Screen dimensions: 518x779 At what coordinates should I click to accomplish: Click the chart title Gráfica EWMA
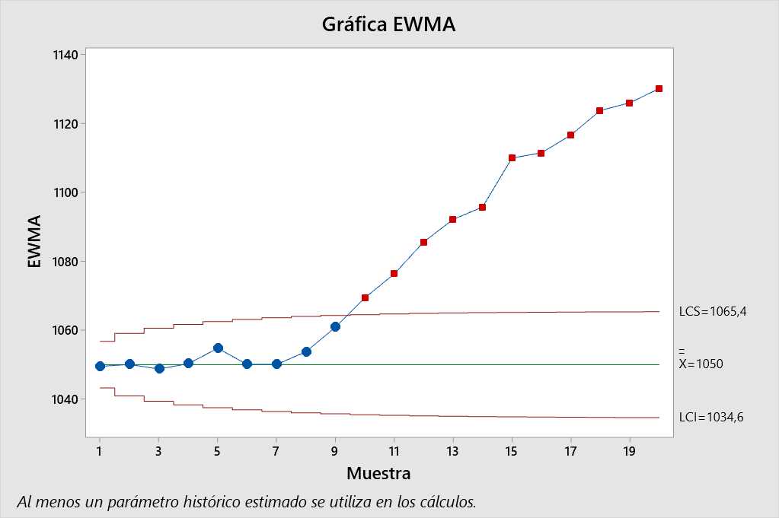pyautogui.click(x=388, y=24)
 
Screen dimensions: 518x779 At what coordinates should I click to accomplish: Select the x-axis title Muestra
pyautogui.click(x=378, y=473)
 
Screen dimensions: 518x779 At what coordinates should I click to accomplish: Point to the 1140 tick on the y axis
pyautogui.click(x=65, y=55)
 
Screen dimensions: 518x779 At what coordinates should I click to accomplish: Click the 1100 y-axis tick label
pyautogui.click(x=65, y=192)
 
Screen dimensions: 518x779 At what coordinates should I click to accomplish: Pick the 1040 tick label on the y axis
pyautogui.click(x=65, y=399)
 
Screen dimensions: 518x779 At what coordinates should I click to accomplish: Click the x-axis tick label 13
pyautogui.click(x=452, y=450)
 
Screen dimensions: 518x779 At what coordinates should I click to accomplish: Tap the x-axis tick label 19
pyautogui.click(x=629, y=450)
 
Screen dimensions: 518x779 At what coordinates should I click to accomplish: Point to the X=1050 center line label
pyautogui.click(x=701, y=364)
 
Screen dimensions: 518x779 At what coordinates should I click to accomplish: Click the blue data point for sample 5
pyautogui.click(x=218, y=348)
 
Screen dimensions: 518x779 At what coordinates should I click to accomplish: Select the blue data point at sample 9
pyautogui.click(x=335, y=326)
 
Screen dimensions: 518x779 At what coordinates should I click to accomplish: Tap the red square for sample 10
pyautogui.click(x=365, y=297)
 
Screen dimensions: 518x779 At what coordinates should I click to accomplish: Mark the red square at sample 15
pyautogui.click(x=512, y=157)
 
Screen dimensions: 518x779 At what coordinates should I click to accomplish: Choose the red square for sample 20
pyautogui.click(x=659, y=88)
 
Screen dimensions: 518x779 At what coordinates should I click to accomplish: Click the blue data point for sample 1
pyautogui.click(x=100, y=366)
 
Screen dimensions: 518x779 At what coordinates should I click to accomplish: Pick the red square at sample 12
pyautogui.click(x=423, y=242)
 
